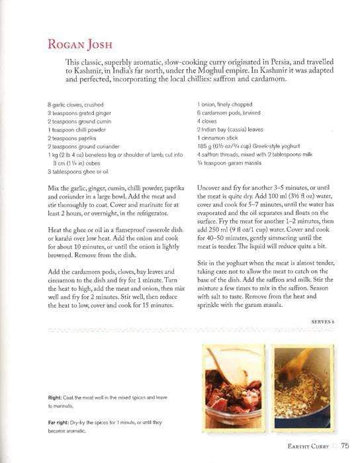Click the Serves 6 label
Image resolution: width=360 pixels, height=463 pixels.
pos(323,321)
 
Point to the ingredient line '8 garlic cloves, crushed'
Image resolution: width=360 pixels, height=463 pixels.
pos(76,105)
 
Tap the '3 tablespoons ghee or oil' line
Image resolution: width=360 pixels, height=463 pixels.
pos(78,170)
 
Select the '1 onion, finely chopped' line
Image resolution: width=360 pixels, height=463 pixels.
pos(226,105)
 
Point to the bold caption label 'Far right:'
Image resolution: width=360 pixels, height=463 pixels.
pos(60,421)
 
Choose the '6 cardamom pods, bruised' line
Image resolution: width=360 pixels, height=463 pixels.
pos(229,113)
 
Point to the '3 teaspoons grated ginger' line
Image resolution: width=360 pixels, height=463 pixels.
pos(78,112)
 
